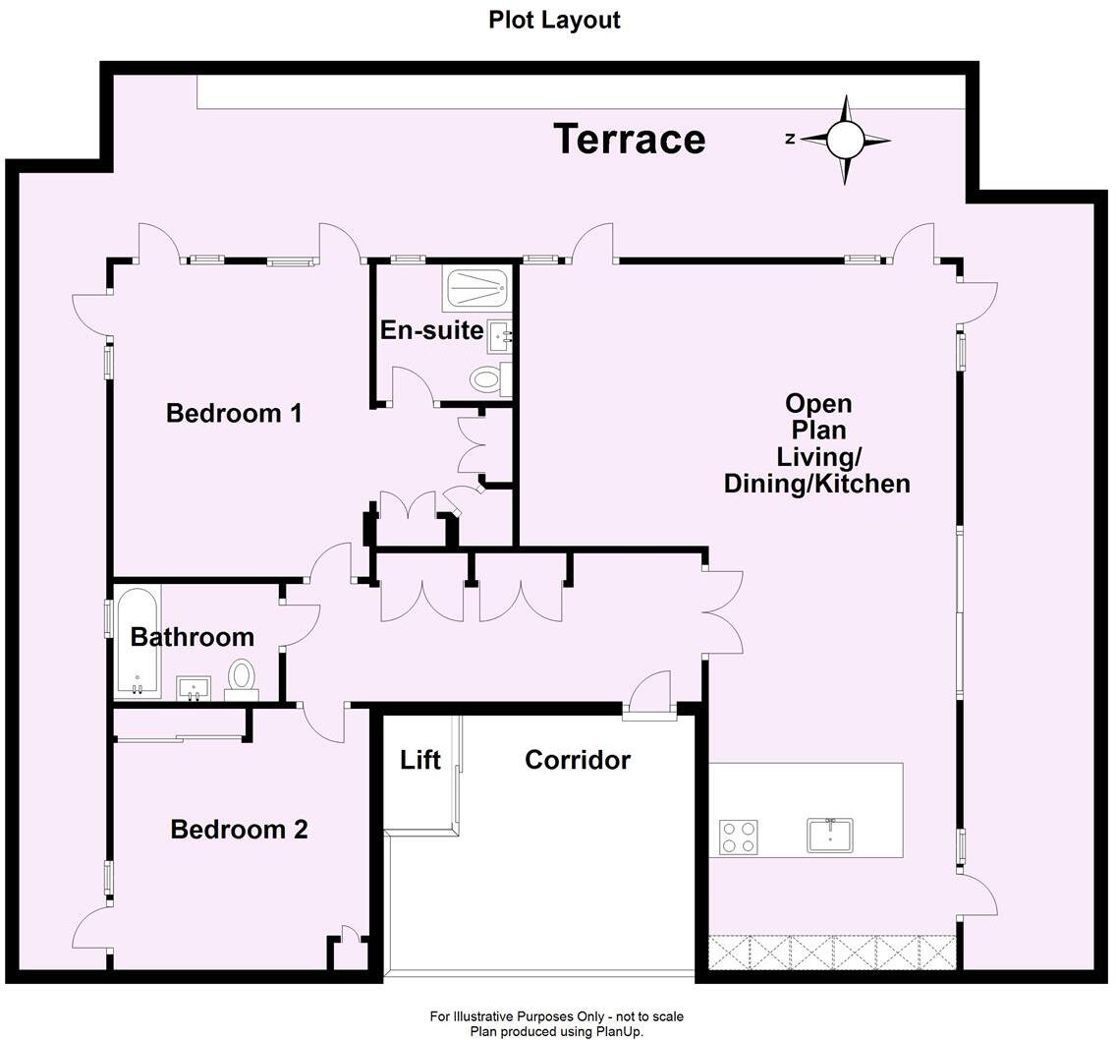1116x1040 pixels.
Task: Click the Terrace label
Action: point(629,139)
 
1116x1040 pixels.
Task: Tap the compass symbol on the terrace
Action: point(845,140)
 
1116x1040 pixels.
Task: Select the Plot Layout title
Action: point(554,20)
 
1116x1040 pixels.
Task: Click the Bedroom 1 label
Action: point(234,413)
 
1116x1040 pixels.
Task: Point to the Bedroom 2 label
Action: point(239,830)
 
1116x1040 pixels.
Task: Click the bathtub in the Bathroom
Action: point(138,642)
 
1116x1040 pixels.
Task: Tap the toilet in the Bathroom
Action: point(242,678)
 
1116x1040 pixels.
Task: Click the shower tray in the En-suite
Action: point(477,289)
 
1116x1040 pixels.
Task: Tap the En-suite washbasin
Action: point(499,336)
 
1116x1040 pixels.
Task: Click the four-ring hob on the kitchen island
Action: point(738,837)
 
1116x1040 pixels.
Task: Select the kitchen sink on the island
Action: point(830,836)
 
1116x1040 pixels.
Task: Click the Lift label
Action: point(420,760)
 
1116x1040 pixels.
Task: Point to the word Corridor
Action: point(578,760)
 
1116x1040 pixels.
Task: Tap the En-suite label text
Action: point(431,330)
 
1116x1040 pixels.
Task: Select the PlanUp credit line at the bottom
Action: point(556,1031)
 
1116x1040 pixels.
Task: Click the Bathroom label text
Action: point(193,637)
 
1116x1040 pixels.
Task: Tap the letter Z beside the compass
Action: point(790,140)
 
